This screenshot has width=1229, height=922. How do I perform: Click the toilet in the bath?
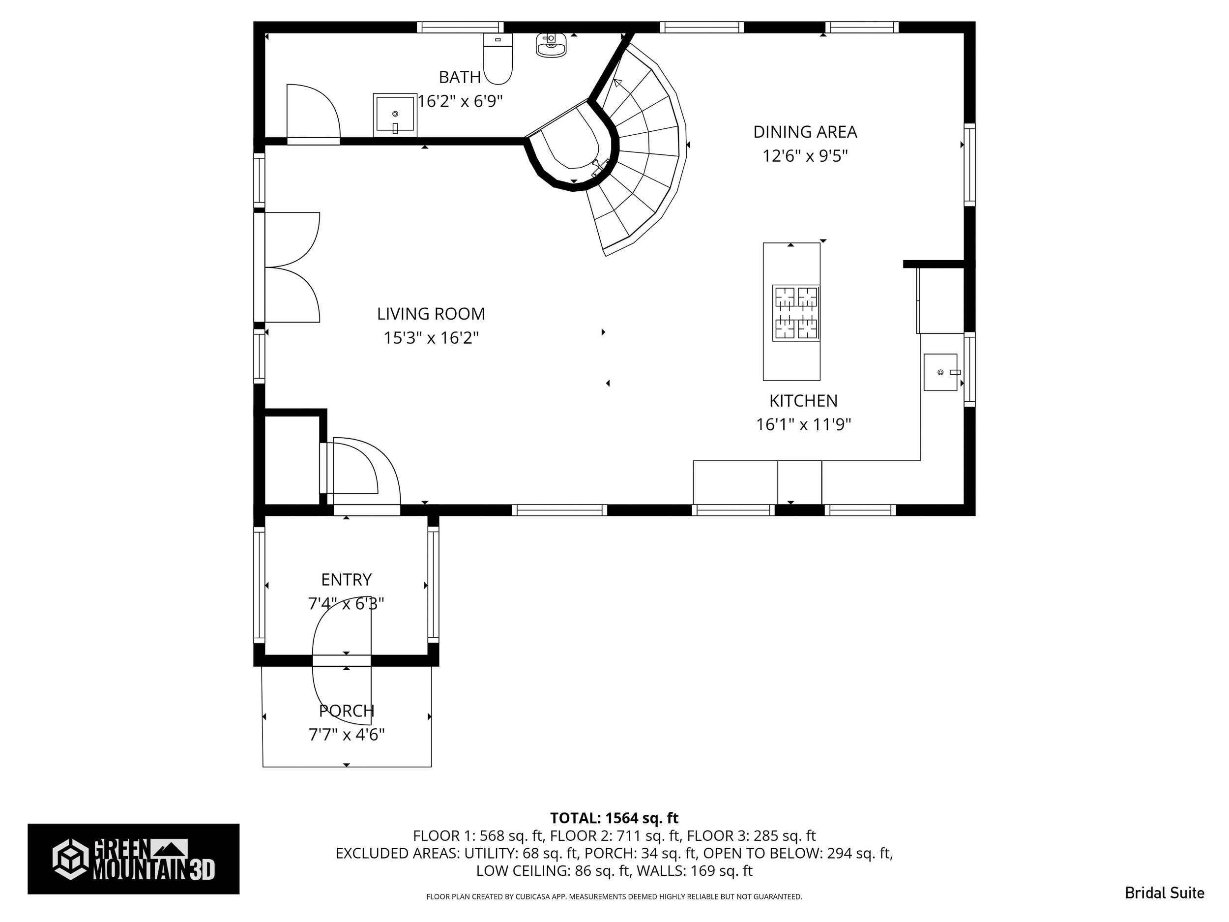[497, 59]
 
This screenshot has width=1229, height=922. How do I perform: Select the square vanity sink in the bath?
[395, 115]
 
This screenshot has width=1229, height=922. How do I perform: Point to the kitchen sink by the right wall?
[940, 372]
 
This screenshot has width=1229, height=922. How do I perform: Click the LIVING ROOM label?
[431, 314]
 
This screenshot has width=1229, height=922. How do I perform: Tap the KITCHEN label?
[803, 401]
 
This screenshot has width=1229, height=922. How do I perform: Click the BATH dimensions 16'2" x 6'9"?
[460, 102]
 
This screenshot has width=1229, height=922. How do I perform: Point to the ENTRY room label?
[346, 580]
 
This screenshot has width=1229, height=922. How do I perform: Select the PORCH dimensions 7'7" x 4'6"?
[346, 735]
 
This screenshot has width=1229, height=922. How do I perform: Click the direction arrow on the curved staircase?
[617, 84]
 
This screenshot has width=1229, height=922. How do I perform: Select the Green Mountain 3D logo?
[133, 859]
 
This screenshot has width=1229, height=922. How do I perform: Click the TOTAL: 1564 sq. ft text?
[614, 818]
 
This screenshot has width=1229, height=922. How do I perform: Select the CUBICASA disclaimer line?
[614, 896]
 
